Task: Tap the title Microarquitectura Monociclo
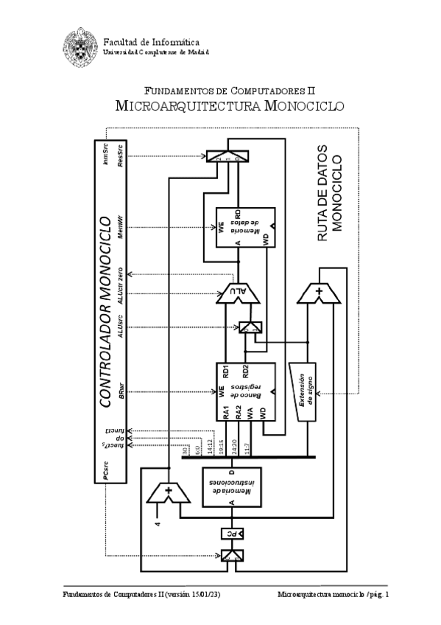pyautogui.click(x=230, y=106)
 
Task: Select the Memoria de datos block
pyautogui.click(x=244, y=228)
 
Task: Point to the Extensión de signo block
pyautogui.click(x=309, y=391)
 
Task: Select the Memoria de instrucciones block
pyautogui.click(x=233, y=486)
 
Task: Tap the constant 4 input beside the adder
pyautogui.click(x=157, y=526)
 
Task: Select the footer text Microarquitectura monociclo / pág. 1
pyautogui.click(x=334, y=594)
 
